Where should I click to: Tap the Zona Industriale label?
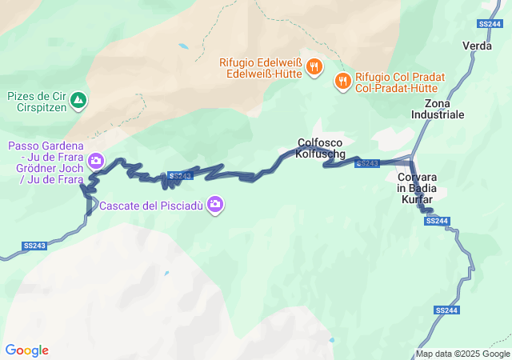438,110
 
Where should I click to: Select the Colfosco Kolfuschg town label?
319,147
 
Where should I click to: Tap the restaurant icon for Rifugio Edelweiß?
314,67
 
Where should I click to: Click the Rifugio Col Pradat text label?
400,82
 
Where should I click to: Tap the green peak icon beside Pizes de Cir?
78,100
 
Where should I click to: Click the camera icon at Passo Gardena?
96,162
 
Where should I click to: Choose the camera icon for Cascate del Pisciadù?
214,205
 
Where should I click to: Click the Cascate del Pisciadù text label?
152,206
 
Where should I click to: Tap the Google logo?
26,350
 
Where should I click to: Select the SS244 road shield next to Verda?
488,24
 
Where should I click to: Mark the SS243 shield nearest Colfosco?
366,163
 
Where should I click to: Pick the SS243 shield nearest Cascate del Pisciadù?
180,175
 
